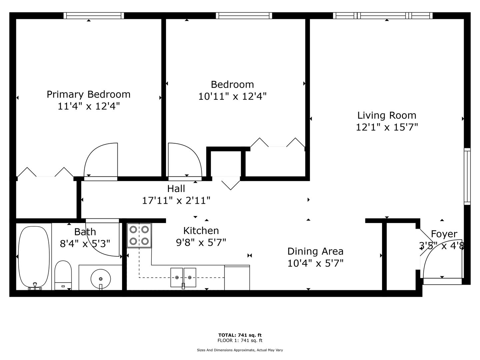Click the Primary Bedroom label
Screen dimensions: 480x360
click(x=89, y=94)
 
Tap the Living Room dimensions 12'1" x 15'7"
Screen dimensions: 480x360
click(x=387, y=127)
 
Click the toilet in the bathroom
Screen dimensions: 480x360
click(x=63, y=275)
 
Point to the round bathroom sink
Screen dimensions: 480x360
click(x=101, y=279)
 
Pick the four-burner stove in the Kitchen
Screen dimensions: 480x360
click(x=139, y=235)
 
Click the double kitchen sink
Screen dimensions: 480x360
click(x=183, y=278)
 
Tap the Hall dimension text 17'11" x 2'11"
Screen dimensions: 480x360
click(x=176, y=200)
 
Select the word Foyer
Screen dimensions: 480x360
click(x=444, y=234)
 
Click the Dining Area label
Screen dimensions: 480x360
click(x=315, y=251)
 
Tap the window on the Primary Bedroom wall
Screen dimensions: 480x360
click(x=94, y=16)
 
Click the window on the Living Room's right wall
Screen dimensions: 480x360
click(x=467, y=176)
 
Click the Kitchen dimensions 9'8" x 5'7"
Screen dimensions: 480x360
click(x=201, y=242)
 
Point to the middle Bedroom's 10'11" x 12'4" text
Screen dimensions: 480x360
click(x=232, y=96)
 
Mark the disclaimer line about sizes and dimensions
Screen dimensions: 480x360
click(x=240, y=350)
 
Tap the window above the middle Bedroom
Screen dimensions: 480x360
click(x=244, y=16)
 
